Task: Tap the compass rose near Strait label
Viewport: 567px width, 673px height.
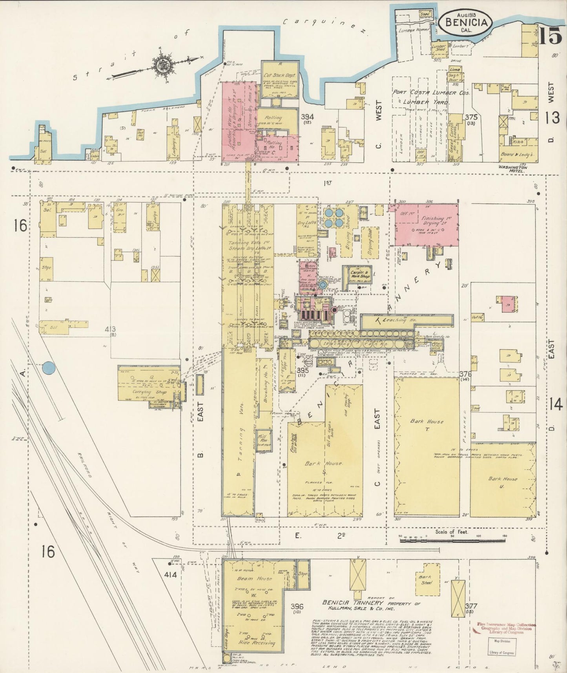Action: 161,65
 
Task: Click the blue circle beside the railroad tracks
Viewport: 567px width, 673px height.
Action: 49,368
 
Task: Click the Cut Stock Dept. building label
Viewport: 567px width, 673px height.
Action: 279,76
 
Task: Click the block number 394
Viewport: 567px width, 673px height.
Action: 307,117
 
